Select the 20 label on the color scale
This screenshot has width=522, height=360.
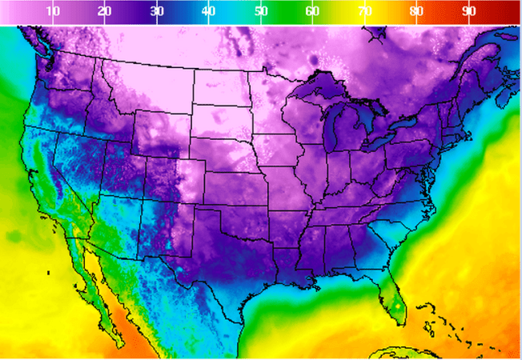105,11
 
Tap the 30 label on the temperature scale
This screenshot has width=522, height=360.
157,11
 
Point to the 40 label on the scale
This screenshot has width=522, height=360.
209,11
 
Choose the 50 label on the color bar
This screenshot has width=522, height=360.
261,11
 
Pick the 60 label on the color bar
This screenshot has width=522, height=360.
313,11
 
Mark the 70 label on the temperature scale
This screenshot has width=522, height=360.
365,11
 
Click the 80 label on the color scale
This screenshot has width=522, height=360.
417,11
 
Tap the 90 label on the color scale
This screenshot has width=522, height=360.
469,11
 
